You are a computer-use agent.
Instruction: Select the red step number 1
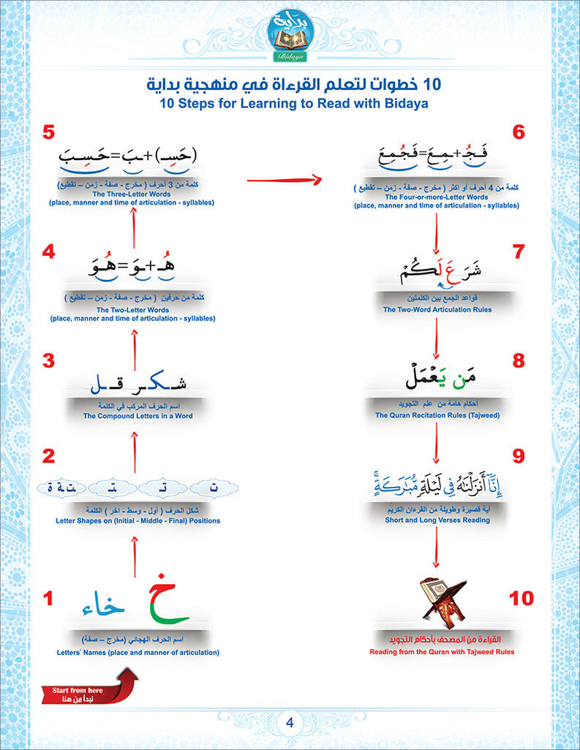[x=48, y=599]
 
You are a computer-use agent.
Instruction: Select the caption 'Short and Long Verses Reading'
[x=437, y=520]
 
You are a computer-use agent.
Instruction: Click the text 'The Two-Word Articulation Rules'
[x=437, y=309]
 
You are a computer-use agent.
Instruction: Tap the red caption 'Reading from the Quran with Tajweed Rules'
[x=442, y=651]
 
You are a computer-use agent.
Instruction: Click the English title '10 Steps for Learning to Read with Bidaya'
[x=291, y=104]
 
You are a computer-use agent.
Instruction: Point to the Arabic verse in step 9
[x=437, y=485]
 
